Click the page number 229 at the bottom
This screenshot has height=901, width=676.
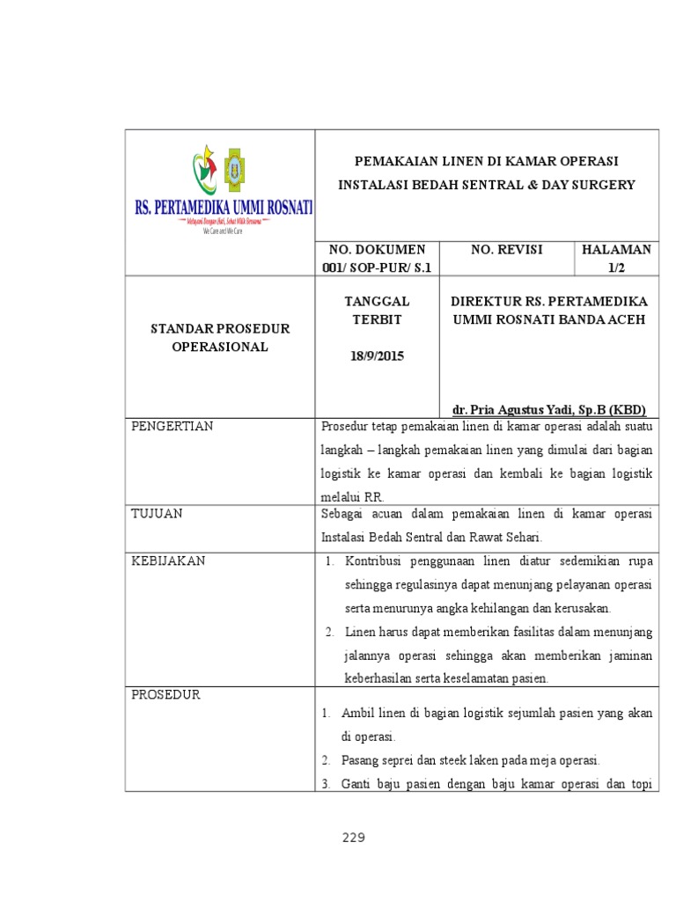click(x=354, y=838)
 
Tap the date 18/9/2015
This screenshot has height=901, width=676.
click(x=376, y=356)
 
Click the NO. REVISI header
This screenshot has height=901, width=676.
click(x=506, y=250)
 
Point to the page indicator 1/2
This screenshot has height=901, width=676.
click(x=616, y=267)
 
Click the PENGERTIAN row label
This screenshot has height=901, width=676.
click(x=173, y=427)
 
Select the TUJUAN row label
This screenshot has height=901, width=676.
click(x=157, y=514)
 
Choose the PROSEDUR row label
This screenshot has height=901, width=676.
click(x=166, y=695)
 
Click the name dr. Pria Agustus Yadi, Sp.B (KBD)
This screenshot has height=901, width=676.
click(x=549, y=410)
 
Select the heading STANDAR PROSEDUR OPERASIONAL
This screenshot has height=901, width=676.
click(x=219, y=338)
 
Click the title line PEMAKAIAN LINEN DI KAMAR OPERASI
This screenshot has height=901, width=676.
click(x=486, y=161)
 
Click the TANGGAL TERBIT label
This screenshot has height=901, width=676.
click(x=376, y=310)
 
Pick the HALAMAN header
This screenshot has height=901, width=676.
click(x=616, y=250)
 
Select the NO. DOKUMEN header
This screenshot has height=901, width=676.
click(x=376, y=250)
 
